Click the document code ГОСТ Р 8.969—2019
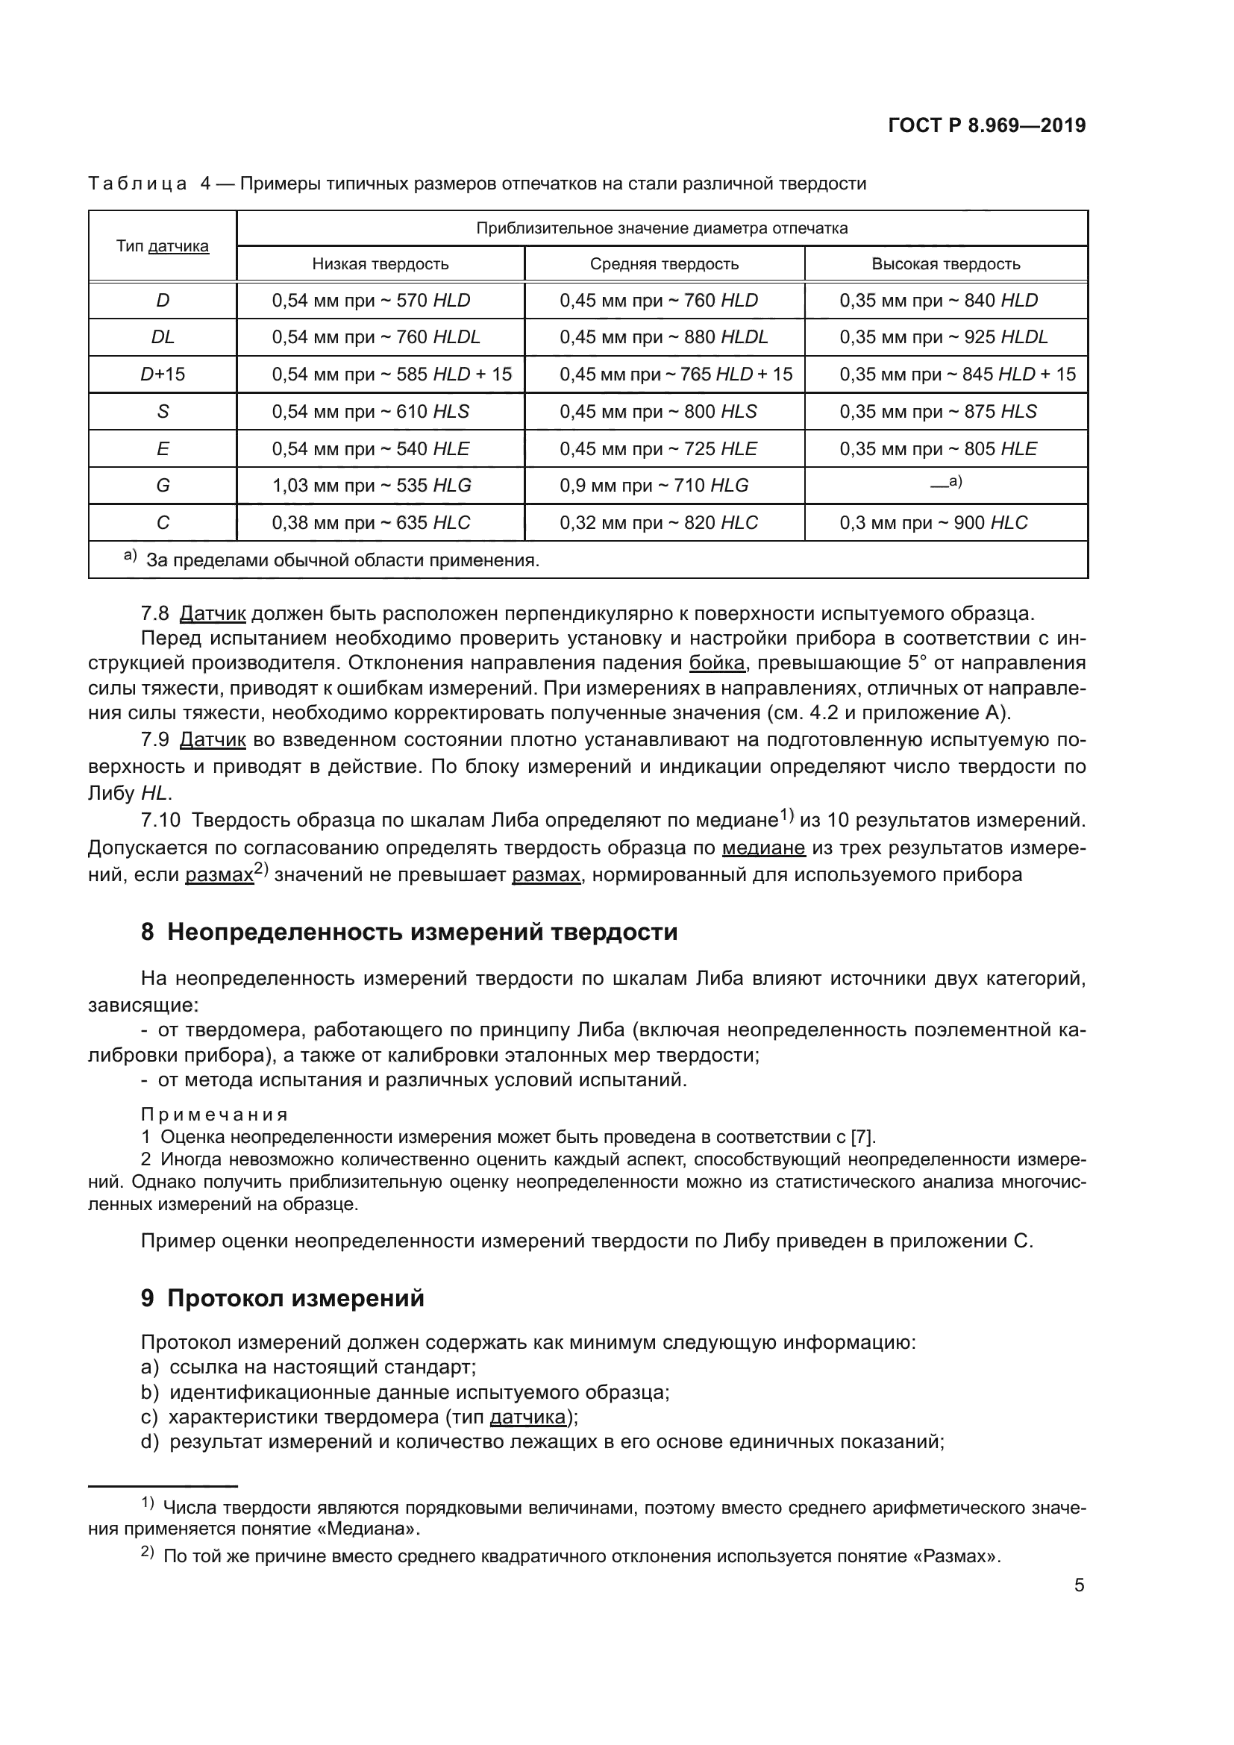986,125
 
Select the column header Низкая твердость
380,263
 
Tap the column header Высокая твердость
945,263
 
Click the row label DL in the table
163,336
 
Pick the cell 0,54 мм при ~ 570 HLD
371,300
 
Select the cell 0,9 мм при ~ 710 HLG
654,485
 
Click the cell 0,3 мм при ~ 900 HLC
933,523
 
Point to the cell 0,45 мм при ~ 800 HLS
658,411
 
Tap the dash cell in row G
945,483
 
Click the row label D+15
163,374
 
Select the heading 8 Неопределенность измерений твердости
409,931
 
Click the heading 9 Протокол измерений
282,1297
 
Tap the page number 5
1079,1585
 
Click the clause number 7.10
160,820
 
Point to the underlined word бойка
716,662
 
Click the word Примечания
214,1114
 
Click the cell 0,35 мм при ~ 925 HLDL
944,336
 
